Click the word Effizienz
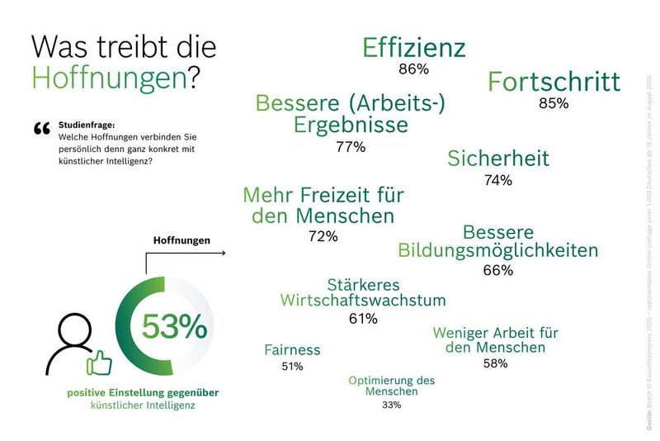pyautogui.click(x=414, y=48)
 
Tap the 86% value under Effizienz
pyautogui.click(x=413, y=69)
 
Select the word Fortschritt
pyautogui.click(x=554, y=82)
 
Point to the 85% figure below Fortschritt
pyautogui.click(x=554, y=104)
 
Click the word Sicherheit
pyautogui.click(x=498, y=158)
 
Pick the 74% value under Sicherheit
pyautogui.click(x=498, y=180)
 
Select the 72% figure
pyautogui.click(x=323, y=237)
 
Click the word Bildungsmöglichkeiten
pyautogui.click(x=498, y=249)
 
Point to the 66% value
pyautogui.click(x=498, y=270)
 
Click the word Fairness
pyautogui.click(x=292, y=349)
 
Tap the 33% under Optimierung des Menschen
pyautogui.click(x=391, y=405)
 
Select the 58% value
pyautogui.click(x=495, y=363)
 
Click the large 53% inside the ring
pyautogui.click(x=174, y=327)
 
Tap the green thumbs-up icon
pyautogui.click(x=99, y=361)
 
